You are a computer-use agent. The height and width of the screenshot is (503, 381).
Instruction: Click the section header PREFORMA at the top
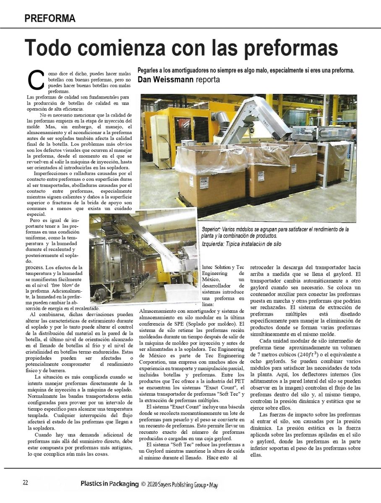click(x=50, y=18)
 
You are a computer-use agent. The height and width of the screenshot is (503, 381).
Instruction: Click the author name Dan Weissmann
click(x=165, y=79)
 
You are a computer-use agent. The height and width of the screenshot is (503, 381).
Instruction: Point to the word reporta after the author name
click(x=208, y=79)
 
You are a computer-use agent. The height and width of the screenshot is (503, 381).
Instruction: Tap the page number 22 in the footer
click(x=25, y=482)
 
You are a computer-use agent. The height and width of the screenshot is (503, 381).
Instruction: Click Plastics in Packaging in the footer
click(x=109, y=484)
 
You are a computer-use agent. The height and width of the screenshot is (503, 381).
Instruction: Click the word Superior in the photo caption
click(x=211, y=229)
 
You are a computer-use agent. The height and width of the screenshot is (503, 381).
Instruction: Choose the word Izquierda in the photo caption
click(x=213, y=244)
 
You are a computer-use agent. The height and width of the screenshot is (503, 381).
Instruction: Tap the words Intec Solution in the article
click(x=216, y=267)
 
